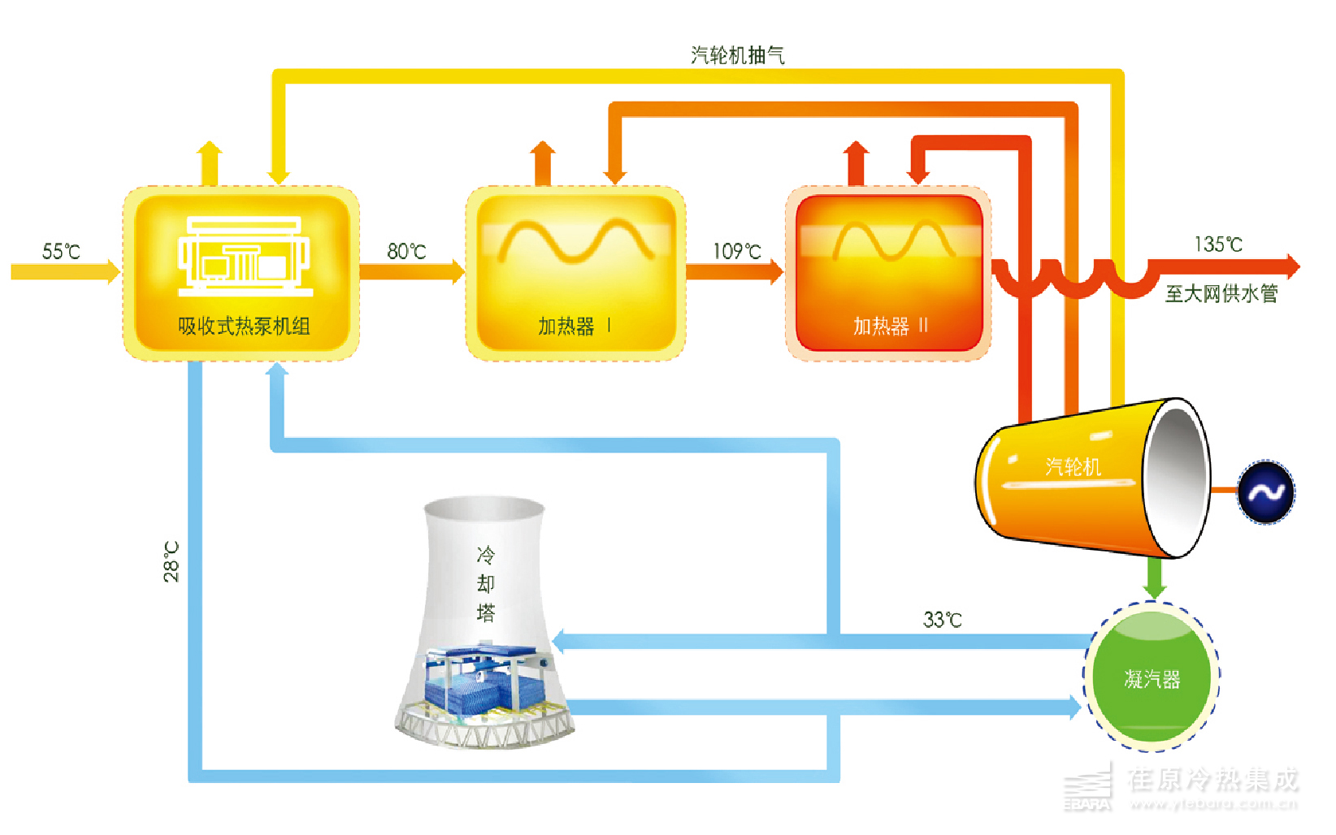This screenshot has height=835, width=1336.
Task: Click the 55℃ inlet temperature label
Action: [x=61, y=251]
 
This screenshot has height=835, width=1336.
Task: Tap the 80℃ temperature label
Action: [x=406, y=251]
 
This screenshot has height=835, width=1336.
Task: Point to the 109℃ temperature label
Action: [x=737, y=251]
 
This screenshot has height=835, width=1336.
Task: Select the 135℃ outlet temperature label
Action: [x=1218, y=244]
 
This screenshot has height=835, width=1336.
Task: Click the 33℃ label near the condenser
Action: [x=942, y=620]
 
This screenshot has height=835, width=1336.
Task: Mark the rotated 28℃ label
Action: [x=171, y=561]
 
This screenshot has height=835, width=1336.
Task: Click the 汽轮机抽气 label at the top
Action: [x=737, y=55]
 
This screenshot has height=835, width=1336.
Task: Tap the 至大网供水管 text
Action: [x=1221, y=293]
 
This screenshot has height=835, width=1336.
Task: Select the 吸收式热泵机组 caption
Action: [x=244, y=326]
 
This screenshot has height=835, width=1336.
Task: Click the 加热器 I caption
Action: [x=574, y=326]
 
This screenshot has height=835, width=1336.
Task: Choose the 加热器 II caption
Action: [x=890, y=326]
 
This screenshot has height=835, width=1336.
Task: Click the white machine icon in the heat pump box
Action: [x=245, y=256]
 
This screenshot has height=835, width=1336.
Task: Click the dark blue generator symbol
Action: [x=1265, y=492]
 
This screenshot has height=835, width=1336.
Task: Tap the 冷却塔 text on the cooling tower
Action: [x=485, y=583]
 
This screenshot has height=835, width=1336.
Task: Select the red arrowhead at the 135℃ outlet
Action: [x=1291, y=266]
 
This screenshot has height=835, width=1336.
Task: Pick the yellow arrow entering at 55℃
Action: [x=65, y=270]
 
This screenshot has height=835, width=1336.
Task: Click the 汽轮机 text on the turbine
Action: [x=1073, y=466]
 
